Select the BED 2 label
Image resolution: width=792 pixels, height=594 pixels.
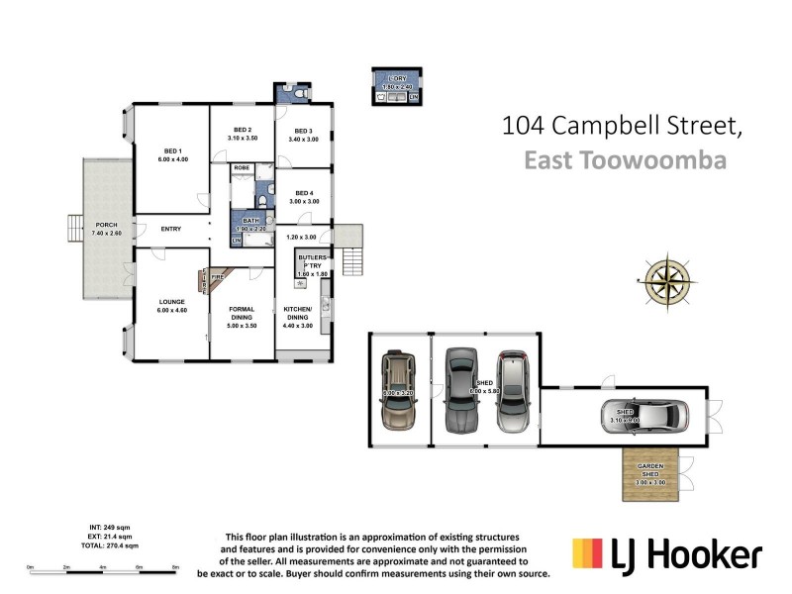click(x=243, y=134)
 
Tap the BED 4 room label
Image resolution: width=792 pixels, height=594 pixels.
click(x=303, y=197)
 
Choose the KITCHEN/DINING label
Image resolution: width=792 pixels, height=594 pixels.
click(x=299, y=318)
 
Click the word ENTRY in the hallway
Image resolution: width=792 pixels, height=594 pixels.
click(x=170, y=230)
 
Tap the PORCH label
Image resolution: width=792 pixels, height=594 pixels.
click(x=106, y=229)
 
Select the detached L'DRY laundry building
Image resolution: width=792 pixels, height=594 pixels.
click(x=395, y=86)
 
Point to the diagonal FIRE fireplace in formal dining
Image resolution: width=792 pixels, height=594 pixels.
click(x=217, y=280)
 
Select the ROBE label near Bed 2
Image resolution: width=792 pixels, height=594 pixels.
click(x=242, y=168)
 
